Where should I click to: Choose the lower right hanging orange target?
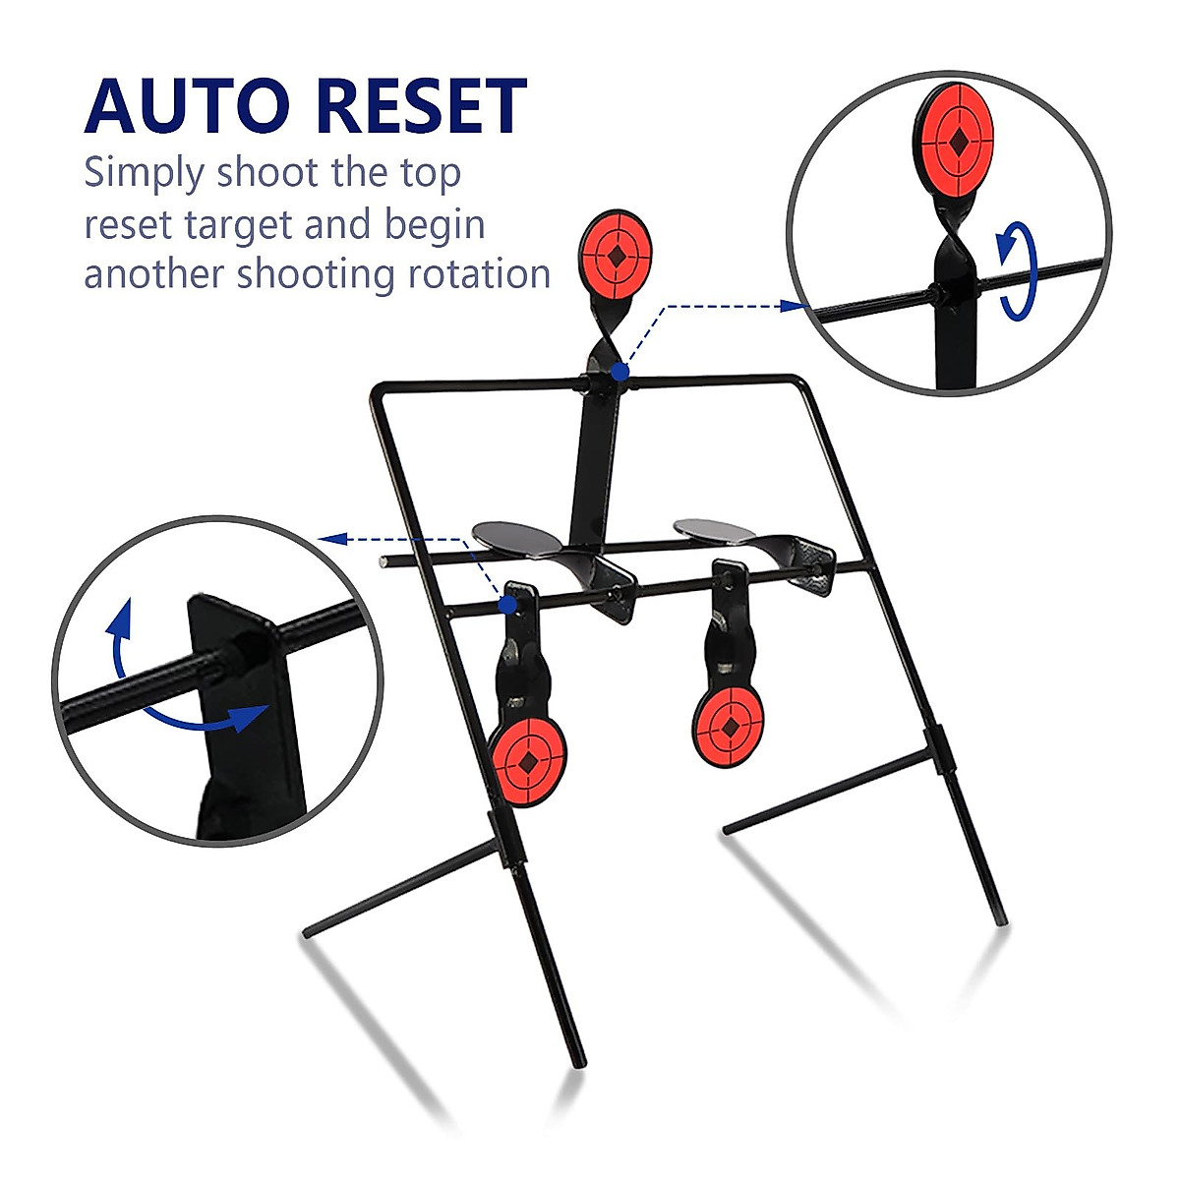click(x=729, y=727)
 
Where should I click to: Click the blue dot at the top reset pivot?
click(x=619, y=372)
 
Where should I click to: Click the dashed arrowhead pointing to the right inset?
click(x=795, y=306)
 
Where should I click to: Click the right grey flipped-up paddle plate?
click(x=715, y=528)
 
